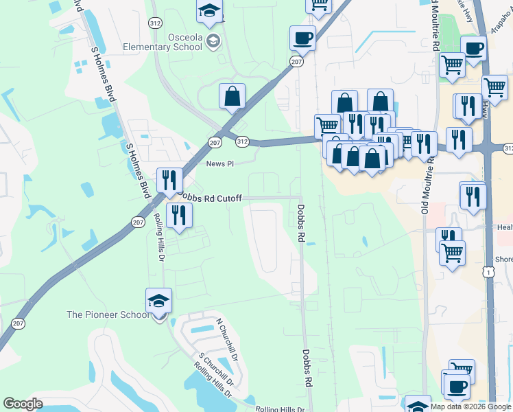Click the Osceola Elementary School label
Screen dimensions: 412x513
162,41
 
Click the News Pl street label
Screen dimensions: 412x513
220,164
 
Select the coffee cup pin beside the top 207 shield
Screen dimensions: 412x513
302,40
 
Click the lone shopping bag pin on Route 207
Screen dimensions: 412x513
232,98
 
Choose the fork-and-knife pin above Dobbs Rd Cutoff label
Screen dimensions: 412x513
169,181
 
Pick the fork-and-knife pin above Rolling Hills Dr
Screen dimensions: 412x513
179,216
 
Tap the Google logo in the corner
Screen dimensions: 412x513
23,403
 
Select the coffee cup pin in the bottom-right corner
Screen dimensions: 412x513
456,386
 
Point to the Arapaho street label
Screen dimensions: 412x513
501,16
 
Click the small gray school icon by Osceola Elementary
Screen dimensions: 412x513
213,41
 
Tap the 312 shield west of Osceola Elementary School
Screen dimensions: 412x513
154,23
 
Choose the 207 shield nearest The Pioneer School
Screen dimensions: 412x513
19,323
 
